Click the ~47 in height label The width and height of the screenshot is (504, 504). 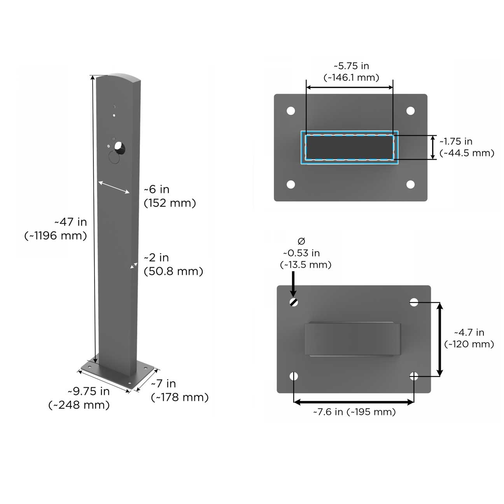click(71, 222)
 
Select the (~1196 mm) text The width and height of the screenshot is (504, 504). click(56, 236)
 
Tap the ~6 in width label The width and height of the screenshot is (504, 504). click(157, 189)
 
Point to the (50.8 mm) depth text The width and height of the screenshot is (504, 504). click(173, 271)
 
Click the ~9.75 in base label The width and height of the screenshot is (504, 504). click(89, 391)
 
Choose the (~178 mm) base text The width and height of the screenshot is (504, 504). click(180, 397)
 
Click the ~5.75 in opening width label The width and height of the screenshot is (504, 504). click(351, 66)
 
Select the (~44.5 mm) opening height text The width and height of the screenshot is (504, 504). click(467, 153)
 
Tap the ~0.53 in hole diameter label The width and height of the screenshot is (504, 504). click(301, 253)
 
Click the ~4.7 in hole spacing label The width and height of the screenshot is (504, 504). click(469, 332)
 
